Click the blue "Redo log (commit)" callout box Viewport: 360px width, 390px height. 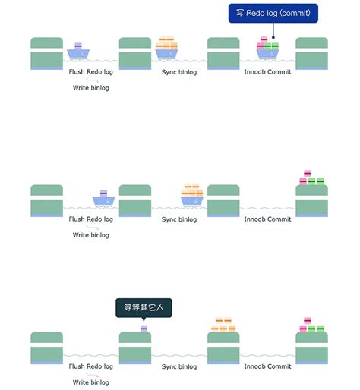coord(273,13)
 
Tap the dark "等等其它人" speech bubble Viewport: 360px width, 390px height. coord(144,307)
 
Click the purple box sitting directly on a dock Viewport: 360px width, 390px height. coord(144,329)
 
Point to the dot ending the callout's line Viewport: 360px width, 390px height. coord(273,37)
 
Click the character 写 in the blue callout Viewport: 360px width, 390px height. coord(240,13)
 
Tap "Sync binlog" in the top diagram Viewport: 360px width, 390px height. coord(179,72)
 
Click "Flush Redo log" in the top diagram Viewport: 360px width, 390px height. coord(90,72)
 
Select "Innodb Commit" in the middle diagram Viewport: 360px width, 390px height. coord(267,219)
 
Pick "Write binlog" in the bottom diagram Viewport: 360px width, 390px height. coord(90,382)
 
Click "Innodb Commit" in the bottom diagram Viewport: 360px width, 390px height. coord(267,366)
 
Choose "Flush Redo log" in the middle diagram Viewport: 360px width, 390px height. coord(90,219)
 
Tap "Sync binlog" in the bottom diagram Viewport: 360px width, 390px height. coord(179,366)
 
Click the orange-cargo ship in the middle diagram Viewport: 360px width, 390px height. coord(192,195)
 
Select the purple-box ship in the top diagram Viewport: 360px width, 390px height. coord(78,51)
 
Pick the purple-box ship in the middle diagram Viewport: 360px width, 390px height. coord(103,199)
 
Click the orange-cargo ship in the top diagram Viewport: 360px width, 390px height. coord(166,48)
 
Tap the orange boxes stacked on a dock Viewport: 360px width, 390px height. coord(223,325)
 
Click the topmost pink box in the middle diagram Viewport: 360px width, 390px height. coord(308,173)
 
